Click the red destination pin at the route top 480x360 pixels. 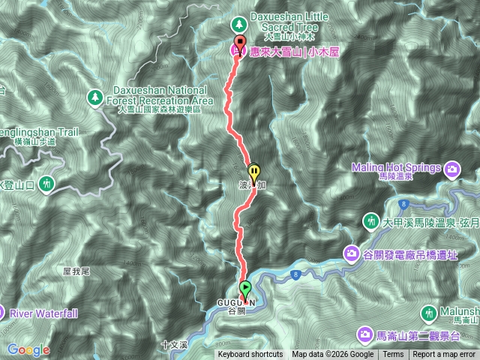(x=240, y=42)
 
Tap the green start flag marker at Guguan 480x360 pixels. (x=245, y=288)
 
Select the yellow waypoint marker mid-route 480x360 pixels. (x=253, y=172)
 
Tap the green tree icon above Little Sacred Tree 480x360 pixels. (x=238, y=22)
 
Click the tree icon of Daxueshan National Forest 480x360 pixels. (x=95, y=96)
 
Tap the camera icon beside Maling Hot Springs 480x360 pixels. (x=452, y=169)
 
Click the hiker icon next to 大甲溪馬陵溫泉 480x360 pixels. (x=370, y=221)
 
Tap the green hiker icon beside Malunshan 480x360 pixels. (x=430, y=311)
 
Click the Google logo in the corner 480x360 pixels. (x=28, y=349)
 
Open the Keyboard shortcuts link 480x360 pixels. (x=250, y=355)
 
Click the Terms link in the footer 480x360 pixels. (x=393, y=355)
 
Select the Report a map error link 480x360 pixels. (x=444, y=355)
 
